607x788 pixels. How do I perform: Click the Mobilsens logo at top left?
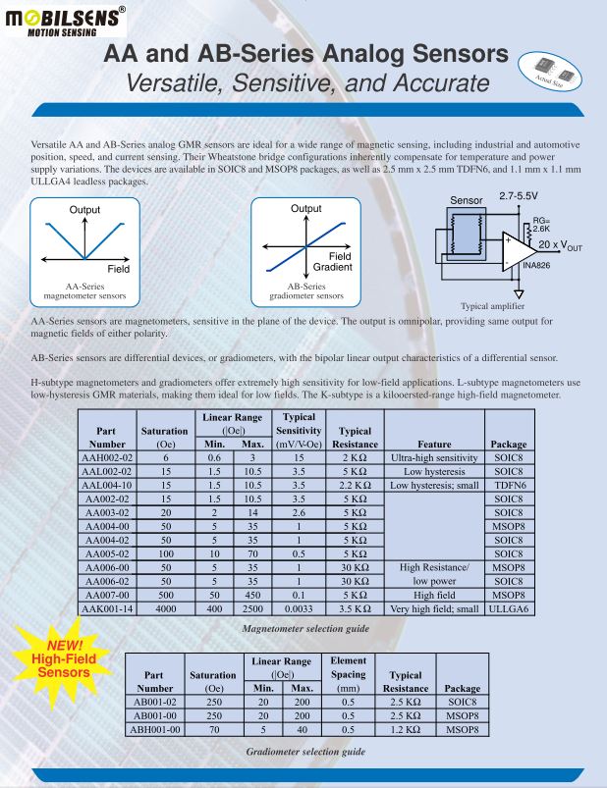pyautogui.click(x=64, y=21)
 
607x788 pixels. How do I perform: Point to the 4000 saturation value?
pyautogui.click(x=167, y=608)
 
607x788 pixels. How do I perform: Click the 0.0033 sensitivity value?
pyautogui.click(x=297, y=608)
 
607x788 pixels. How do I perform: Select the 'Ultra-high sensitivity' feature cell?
pyautogui.click(x=433, y=457)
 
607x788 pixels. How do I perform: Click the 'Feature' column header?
pyautogui.click(x=433, y=444)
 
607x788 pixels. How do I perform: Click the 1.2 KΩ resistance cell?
pyautogui.click(x=405, y=730)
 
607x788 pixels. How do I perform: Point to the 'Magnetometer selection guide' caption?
pyautogui.click(x=292, y=628)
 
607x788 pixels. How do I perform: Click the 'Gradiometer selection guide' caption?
pyautogui.click(x=305, y=751)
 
